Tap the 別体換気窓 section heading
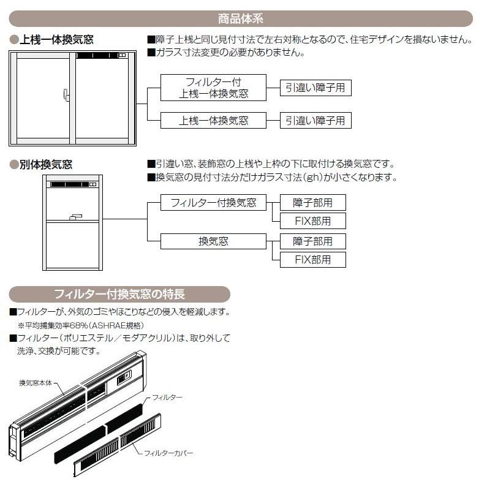45,164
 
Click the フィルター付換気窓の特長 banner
119,293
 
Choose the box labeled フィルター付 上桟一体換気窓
213,88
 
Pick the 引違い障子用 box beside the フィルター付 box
315,88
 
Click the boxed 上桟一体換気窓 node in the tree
213,120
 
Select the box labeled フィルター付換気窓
213,202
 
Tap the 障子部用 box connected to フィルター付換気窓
312,202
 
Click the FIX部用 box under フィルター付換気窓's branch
312,221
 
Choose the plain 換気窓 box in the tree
213,241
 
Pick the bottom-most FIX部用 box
312,259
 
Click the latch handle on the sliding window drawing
66,95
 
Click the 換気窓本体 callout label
37,383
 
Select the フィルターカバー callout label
168,453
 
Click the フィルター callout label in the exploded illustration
167,398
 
